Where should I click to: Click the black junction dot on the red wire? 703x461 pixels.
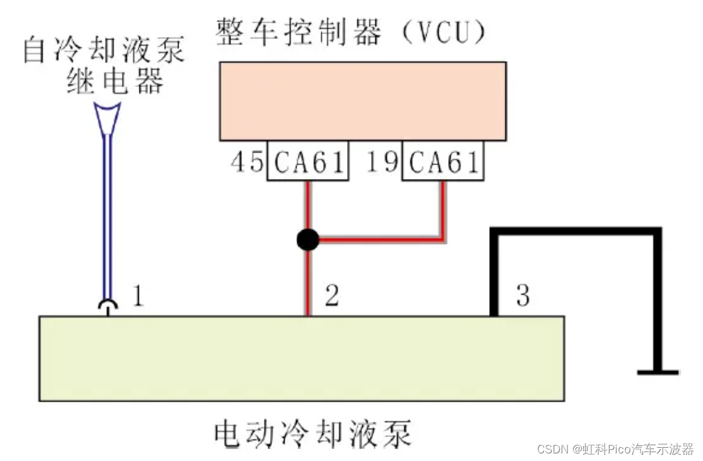(x=308, y=240)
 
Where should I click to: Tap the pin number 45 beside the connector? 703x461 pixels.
(x=247, y=162)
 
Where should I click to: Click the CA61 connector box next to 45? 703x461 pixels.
(x=308, y=163)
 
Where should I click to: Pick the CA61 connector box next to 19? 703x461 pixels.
(x=443, y=163)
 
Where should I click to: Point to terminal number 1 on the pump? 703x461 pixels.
(x=137, y=296)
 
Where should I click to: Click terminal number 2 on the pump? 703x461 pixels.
(x=332, y=296)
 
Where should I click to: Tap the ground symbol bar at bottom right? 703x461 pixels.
(x=658, y=372)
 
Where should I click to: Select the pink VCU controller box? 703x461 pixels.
(x=362, y=101)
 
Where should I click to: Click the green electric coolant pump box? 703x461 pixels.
(x=302, y=358)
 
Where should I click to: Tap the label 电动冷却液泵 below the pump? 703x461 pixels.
(x=313, y=435)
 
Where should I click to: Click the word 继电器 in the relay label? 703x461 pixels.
(x=115, y=81)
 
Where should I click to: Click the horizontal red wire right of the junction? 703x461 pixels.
(x=379, y=240)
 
